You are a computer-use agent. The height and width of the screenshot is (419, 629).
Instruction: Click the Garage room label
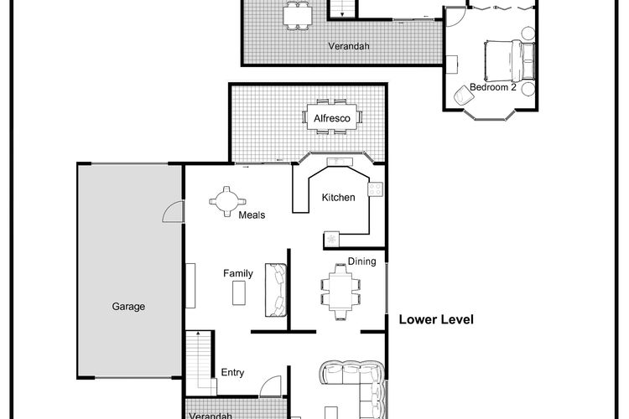pos(128,307)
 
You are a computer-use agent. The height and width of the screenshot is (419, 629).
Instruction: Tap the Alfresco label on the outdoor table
pos(332,118)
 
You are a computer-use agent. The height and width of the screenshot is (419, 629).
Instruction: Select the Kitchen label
pos(339,197)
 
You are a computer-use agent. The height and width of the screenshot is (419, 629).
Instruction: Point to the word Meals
pos(252,215)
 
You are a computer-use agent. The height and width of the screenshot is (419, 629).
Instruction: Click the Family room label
pos(238,273)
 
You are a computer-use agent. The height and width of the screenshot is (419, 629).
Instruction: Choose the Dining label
pos(361,261)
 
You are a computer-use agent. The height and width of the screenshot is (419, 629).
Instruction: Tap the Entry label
pos(232,372)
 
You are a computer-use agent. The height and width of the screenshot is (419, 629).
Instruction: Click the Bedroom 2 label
pos(493,87)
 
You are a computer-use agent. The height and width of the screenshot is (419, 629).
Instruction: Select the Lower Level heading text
pos(436,319)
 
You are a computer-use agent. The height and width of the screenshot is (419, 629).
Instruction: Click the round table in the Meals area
pos(227,201)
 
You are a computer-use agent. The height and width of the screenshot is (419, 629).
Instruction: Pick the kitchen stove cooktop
pos(376,189)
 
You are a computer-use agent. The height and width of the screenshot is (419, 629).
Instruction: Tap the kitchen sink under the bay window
pos(340,162)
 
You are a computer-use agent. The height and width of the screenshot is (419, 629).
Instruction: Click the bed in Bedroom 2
pos(509,60)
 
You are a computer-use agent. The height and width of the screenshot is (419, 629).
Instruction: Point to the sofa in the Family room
pos(276,290)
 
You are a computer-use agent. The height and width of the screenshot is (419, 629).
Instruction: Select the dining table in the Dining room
pos(340,292)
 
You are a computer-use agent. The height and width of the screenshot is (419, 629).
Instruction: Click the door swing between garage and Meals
pos(174,211)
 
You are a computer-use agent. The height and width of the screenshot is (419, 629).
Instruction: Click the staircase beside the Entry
pos(200,360)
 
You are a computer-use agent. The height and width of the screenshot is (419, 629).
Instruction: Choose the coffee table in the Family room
pos(239,293)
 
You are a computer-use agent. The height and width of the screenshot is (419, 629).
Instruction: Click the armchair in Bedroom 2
pos(463,96)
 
